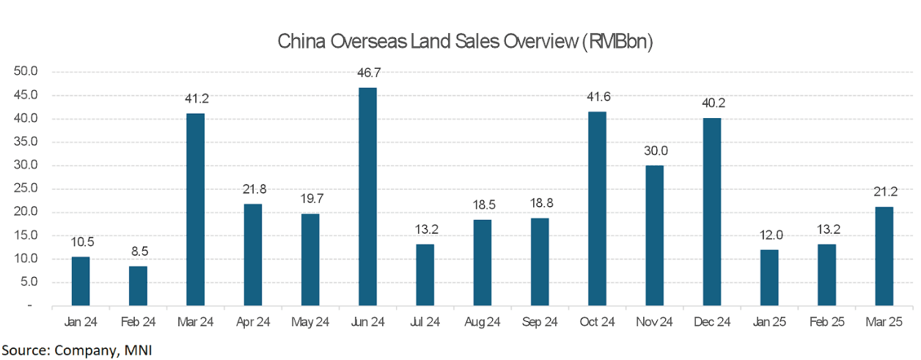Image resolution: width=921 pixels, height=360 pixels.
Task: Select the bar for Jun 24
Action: tap(367, 196)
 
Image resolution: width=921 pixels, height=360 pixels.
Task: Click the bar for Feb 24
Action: tap(138, 285)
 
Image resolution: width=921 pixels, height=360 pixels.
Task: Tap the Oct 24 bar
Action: tap(598, 208)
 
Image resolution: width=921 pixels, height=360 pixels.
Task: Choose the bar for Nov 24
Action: tap(655, 235)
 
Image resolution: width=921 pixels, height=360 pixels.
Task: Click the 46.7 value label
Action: tap(367, 73)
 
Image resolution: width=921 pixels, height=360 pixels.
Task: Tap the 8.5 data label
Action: tap(138, 251)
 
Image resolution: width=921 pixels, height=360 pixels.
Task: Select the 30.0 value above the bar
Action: tap(655, 151)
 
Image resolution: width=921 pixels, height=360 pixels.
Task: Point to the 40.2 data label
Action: tap(712, 103)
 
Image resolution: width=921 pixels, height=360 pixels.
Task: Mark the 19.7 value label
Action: tap(310, 199)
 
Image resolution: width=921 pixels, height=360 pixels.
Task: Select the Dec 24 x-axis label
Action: tap(712, 322)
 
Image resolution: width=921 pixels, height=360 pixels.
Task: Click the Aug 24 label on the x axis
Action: tap(482, 322)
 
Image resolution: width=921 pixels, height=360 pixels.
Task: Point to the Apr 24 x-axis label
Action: tap(253, 322)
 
